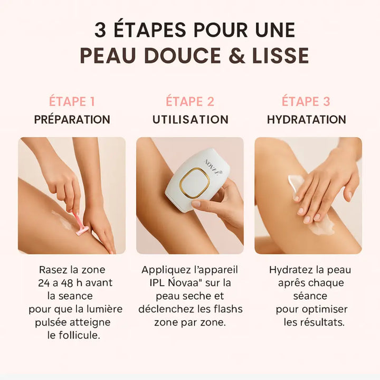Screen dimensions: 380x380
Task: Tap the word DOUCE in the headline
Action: pos(182,55)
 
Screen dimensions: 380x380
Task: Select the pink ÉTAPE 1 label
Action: pos(72,101)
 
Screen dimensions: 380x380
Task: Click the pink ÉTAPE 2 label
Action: pos(190,101)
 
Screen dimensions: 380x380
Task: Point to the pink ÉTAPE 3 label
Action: pos(306,101)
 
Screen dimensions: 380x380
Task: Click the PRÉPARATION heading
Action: pos(72,119)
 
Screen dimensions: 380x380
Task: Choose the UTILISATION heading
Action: pos(191,119)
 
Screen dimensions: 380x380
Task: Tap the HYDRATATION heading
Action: pos(307,119)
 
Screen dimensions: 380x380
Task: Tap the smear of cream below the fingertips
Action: pos(322,228)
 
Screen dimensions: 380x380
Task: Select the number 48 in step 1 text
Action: pos(67,283)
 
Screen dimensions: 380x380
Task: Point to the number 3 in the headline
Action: pos(100,30)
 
